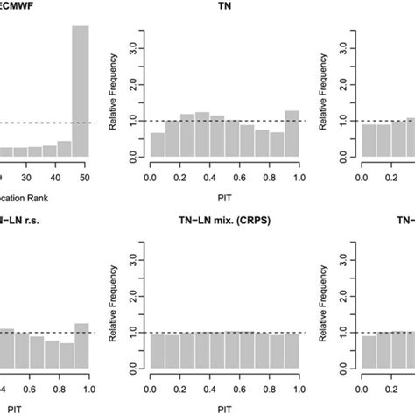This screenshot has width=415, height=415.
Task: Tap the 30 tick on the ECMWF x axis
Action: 26,175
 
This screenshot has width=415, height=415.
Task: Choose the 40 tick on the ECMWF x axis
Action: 55,175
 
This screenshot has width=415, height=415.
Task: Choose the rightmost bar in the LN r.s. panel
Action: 81,345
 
